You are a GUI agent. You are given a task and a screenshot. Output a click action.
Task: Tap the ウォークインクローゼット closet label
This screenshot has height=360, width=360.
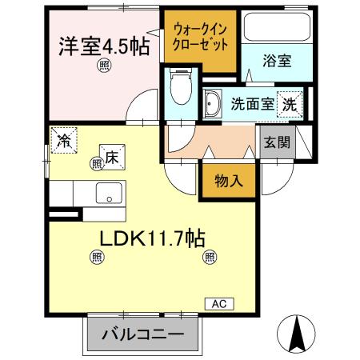[x=199, y=38]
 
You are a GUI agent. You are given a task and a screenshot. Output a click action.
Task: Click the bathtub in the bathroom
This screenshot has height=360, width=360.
[x=274, y=30]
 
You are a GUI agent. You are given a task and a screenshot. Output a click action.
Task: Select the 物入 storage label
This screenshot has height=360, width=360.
[x=229, y=182]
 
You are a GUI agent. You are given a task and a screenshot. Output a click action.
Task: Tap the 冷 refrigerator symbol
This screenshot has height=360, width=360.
[x=65, y=140]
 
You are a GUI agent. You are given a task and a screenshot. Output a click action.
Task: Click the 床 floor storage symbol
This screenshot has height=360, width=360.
[x=112, y=157]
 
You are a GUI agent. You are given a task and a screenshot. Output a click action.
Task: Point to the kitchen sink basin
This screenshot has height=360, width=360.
[x=107, y=194]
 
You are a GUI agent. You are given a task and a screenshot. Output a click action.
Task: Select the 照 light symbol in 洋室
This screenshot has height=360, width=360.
[x=103, y=66]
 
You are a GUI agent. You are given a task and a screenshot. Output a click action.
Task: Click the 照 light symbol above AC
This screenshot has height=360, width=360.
[x=210, y=257]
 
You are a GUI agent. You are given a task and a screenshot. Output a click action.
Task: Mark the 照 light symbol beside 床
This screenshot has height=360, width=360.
[x=96, y=163]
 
